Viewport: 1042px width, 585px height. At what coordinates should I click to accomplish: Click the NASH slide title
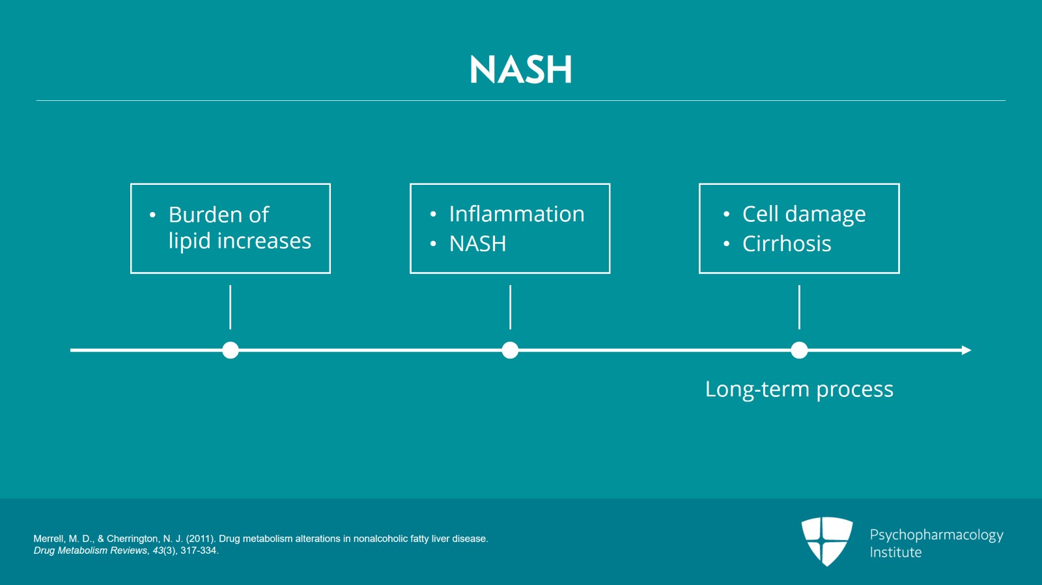coord(520,70)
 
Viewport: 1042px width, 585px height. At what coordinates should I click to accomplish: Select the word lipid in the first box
coord(189,241)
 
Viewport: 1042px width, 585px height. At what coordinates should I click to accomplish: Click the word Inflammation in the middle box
coord(516,214)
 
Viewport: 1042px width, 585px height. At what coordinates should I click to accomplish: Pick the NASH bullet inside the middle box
coord(477,244)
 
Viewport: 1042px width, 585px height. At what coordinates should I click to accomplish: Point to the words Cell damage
coord(804,214)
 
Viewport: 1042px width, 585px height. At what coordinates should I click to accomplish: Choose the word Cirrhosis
coord(787,244)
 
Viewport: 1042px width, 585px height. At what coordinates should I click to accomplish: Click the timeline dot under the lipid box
coord(231,350)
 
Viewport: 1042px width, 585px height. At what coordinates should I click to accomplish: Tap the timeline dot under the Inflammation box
coord(510,350)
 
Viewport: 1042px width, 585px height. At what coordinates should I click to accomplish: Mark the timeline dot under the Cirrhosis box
coord(799,350)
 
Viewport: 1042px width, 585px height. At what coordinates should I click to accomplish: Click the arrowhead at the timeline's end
coord(966,350)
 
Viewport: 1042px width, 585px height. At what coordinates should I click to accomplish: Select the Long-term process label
coord(799,389)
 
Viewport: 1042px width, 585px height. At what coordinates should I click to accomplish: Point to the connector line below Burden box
coord(231,307)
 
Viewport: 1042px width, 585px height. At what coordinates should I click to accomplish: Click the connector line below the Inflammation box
coord(510,307)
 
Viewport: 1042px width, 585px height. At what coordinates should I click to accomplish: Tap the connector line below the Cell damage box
coord(799,307)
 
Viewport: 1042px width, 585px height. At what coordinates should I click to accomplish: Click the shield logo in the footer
coord(827,540)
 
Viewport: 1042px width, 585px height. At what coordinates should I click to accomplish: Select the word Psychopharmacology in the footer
coord(936,535)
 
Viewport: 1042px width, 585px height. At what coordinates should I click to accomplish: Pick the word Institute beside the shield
coord(895,552)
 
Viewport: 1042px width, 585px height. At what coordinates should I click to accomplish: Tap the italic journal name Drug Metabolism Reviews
coord(91,551)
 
